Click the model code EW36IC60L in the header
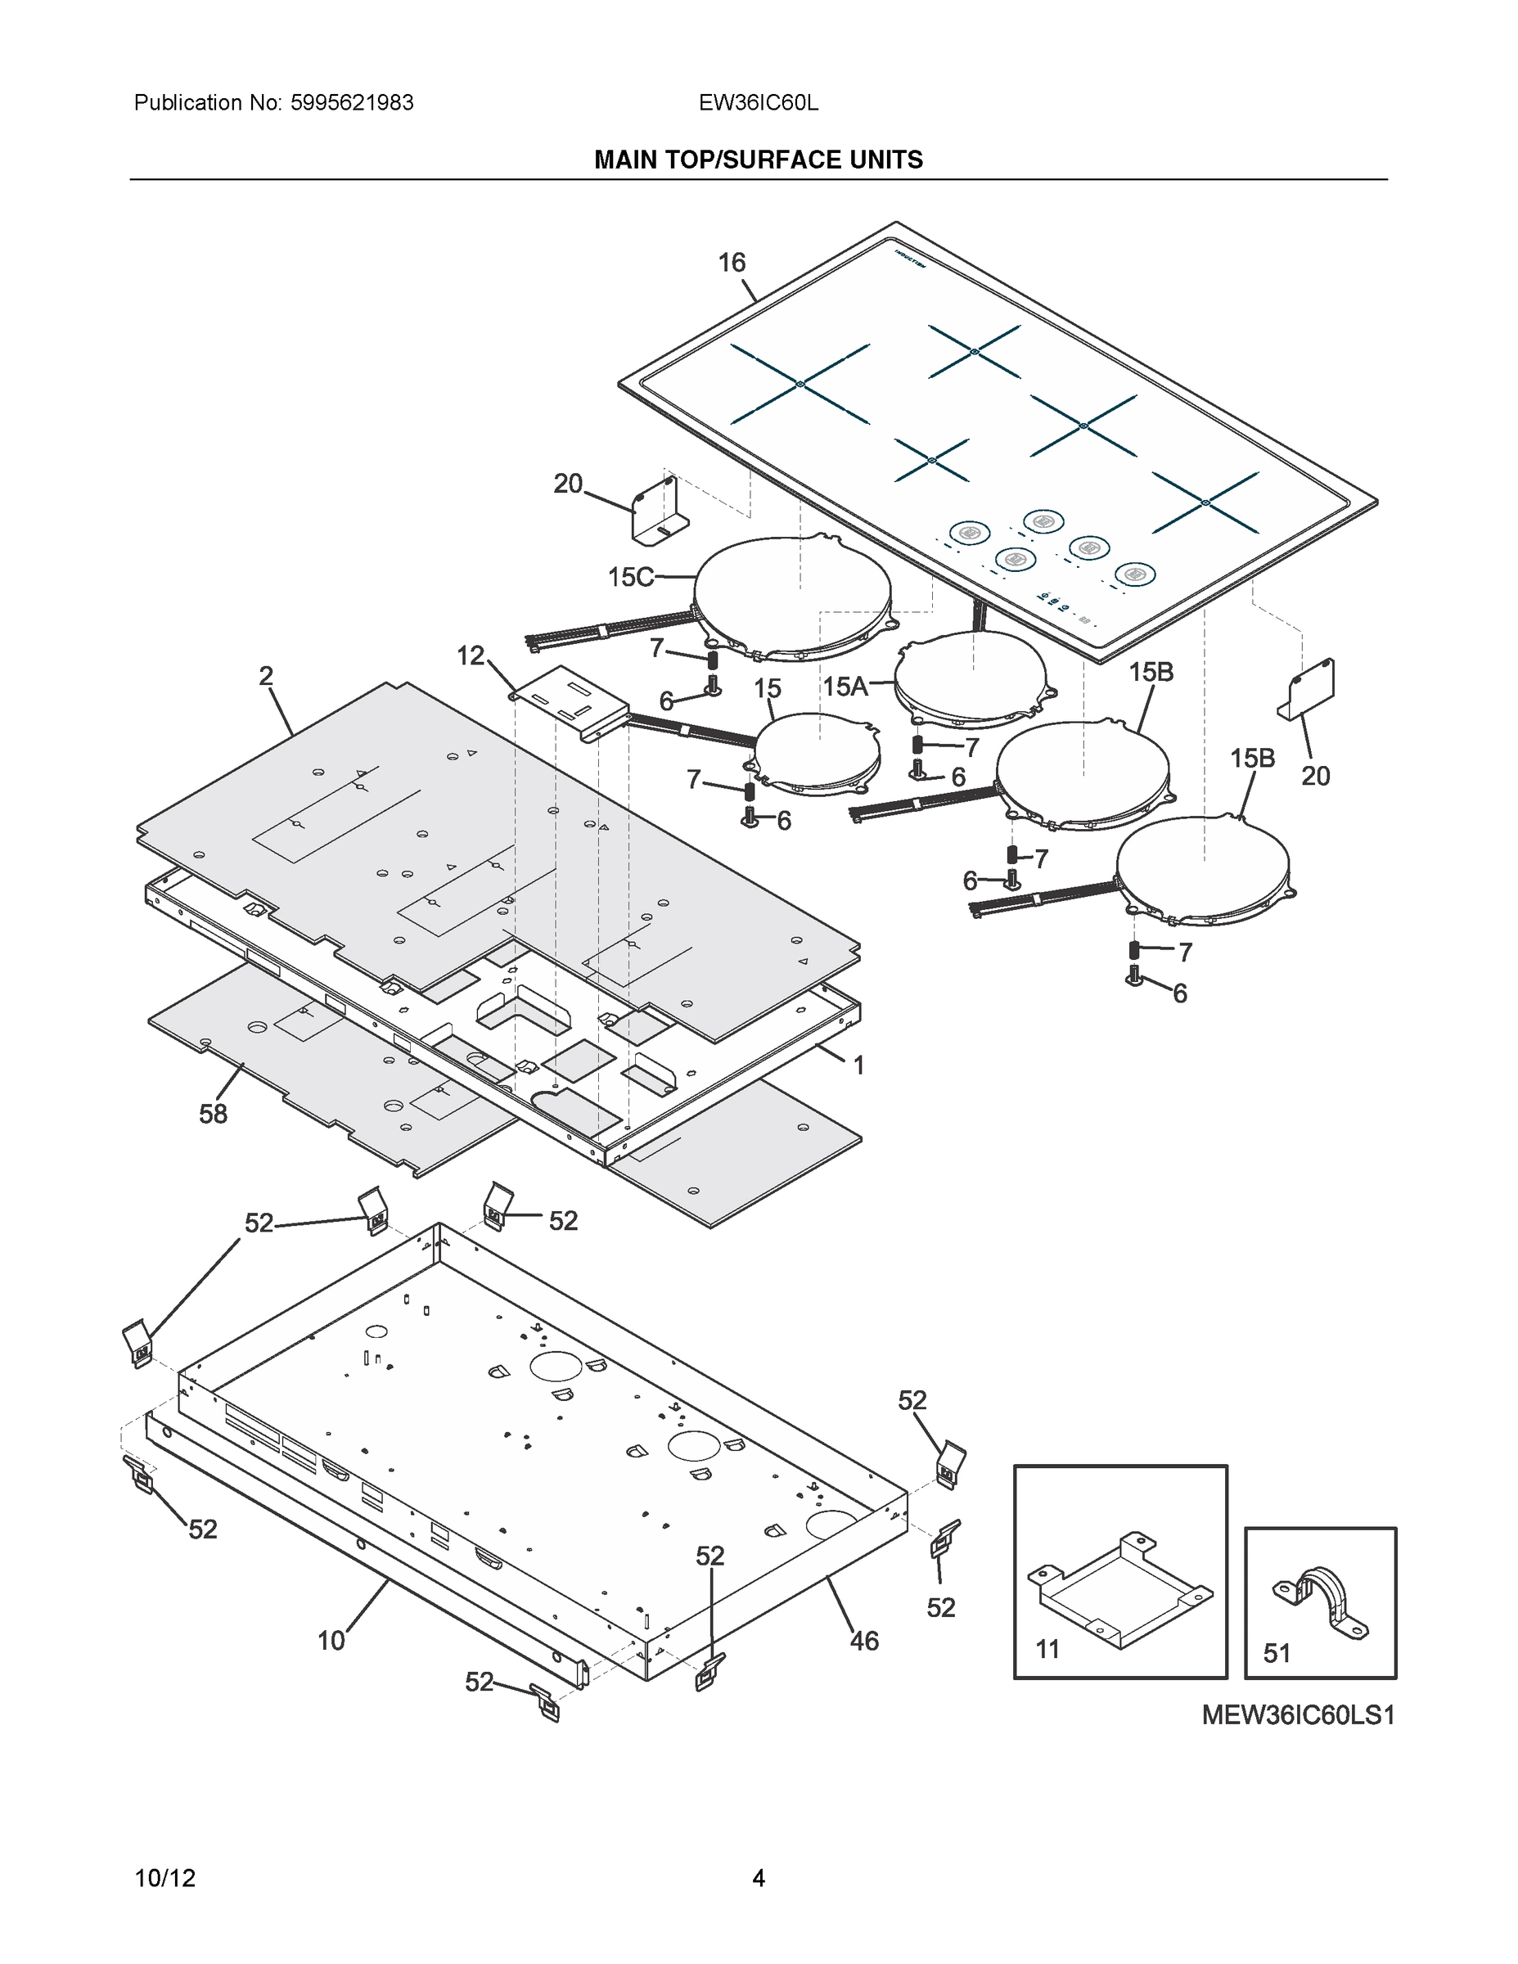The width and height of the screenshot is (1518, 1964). pyautogui.click(x=758, y=102)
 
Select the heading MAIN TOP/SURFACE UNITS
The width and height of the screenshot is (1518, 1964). pyautogui.click(x=758, y=160)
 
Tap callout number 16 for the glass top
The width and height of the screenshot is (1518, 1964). pyautogui.click(x=731, y=263)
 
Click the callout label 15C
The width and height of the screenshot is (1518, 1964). pyautogui.click(x=630, y=576)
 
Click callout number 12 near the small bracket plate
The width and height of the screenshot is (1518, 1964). pyautogui.click(x=471, y=655)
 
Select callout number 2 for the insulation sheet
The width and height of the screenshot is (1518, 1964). pyautogui.click(x=265, y=676)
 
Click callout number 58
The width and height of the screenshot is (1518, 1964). pyautogui.click(x=213, y=1115)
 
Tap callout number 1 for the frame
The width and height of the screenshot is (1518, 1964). pyautogui.click(x=858, y=1065)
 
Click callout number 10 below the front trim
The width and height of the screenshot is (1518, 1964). pyautogui.click(x=331, y=1641)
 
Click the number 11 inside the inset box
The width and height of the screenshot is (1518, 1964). pyautogui.click(x=1047, y=1649)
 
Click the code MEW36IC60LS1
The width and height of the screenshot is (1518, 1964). pyautogui.click(x=1298, y=1716)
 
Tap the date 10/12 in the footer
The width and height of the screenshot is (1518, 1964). pyautogui.click(x=164, y=1878)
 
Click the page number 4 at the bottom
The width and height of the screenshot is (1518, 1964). pyautogui.click(x=758, y=1878)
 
